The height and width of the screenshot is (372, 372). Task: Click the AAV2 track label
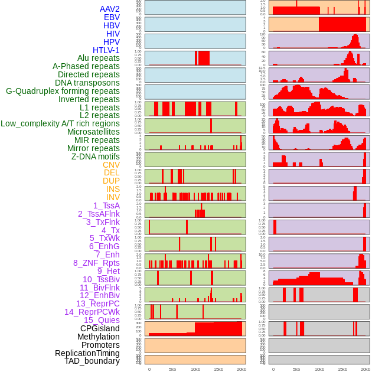tap(109, 9)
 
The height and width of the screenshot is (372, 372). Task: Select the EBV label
tap(111, 17)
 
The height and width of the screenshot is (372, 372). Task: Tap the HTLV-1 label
tap(106, 50)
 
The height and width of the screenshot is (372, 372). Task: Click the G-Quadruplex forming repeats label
tap(63, 91)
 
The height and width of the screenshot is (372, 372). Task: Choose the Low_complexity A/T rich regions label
tap(60, 123)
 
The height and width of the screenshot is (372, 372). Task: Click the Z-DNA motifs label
tap(95, 156)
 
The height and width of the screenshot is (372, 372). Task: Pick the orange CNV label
tap(111, 165)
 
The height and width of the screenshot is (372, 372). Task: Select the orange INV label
tap(113, 197)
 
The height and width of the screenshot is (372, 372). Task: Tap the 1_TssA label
tap(106, 205)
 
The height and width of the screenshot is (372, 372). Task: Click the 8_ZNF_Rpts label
tap(96, 263)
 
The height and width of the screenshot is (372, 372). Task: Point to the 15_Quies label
tap(102, 320)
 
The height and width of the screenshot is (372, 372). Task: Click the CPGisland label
tap(100, 328)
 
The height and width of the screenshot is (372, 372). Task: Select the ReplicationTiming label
tap(87, 353)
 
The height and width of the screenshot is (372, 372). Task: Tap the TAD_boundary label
tap(92, 361)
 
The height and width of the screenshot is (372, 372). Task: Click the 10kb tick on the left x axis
tap(195, 369)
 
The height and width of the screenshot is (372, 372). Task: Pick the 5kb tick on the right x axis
tap(296, 369)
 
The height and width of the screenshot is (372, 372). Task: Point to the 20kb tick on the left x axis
tap(242, 369)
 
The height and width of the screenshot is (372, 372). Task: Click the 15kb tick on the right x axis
tap(342, 369)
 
